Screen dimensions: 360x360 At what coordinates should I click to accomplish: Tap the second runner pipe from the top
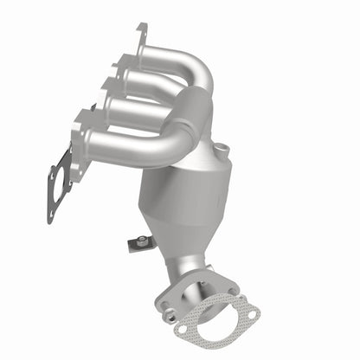pos(156,85)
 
